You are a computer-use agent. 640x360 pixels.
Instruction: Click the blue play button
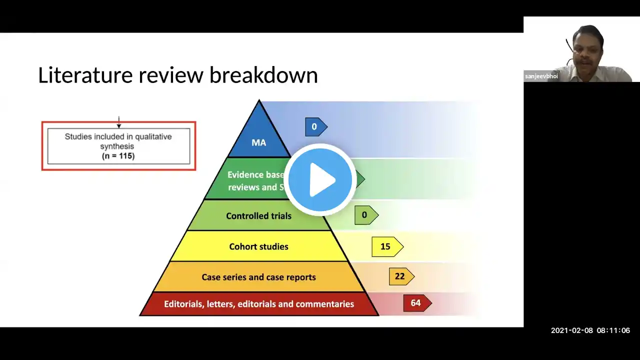320,179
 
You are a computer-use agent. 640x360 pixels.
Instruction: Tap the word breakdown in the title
263,75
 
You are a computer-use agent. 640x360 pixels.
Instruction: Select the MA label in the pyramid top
258,142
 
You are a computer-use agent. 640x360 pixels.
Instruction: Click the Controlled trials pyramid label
258,216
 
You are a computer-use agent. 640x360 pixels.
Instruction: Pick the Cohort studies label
258,246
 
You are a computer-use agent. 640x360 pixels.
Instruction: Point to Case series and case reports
258,277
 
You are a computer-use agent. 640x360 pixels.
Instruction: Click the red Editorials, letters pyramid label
258,304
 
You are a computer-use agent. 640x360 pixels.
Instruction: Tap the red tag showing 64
416,303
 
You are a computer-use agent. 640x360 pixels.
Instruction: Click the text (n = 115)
118,156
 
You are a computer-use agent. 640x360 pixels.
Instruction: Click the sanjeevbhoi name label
541,76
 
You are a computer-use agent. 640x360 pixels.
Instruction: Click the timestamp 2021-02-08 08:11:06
590,330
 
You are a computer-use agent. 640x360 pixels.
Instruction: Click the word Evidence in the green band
245,175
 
